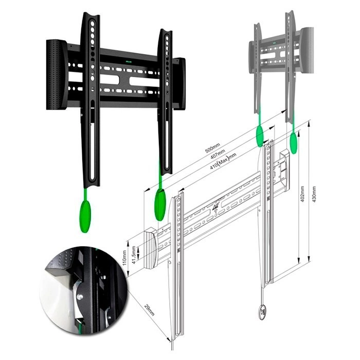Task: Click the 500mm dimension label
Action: coord(212,148)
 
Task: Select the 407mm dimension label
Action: coord(218,154)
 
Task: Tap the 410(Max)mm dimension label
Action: coord(223,161)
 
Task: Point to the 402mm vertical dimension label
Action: coord(302,194)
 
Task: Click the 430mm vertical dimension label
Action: coord(314,194)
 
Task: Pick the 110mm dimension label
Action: coord(124,258)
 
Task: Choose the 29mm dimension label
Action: coord(149,310)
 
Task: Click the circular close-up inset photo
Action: coord(83,291)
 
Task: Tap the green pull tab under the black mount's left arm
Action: coord(85,217)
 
